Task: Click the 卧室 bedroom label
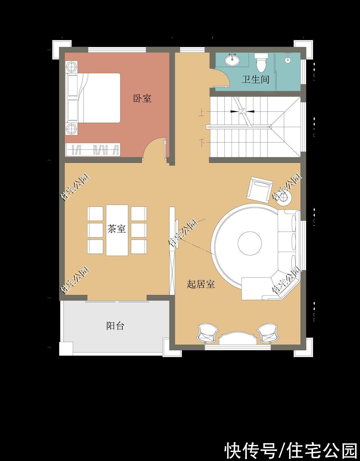pos(142,98)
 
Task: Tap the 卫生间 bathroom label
pos(255,80)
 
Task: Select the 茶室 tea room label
pos(117,229)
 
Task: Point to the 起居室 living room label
pos(201,284)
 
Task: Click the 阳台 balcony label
pos(115,326)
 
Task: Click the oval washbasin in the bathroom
pos(232,60)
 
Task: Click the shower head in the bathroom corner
pos(288,60)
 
